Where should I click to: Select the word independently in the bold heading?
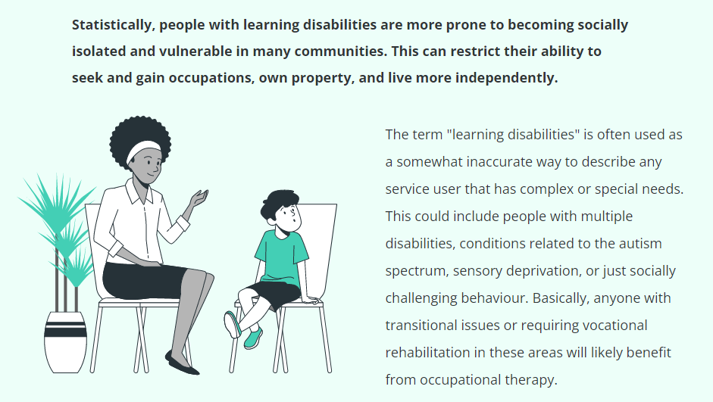(507, 78)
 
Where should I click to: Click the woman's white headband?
(142, 149)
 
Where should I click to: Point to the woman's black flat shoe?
(181, 364)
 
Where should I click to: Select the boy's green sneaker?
(253, 338)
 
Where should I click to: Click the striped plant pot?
(65, 342)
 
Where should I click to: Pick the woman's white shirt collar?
(139, 192)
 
